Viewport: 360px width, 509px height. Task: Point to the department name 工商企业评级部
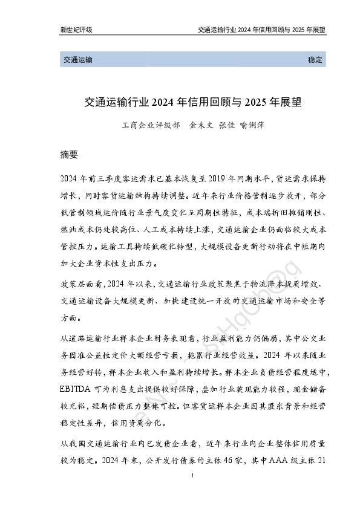(151, 126)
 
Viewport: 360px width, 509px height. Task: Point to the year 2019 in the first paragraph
(220, 178)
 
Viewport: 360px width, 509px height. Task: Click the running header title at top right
(262, 29)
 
